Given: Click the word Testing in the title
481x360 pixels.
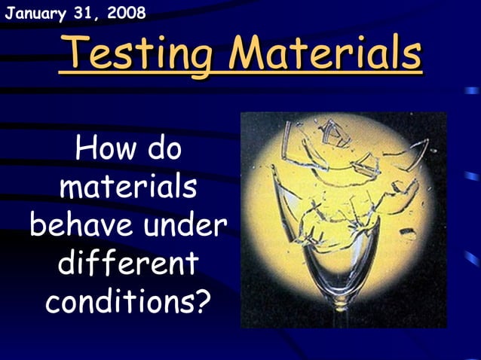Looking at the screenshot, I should [138, 53].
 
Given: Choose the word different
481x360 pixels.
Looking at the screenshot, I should [127, 264].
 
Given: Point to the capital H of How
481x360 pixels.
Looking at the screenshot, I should [85, 149].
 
